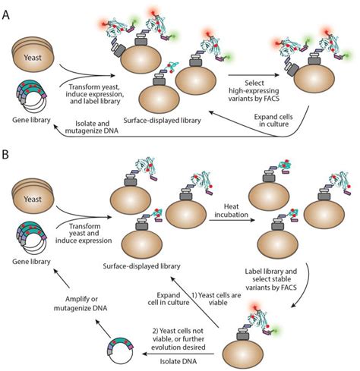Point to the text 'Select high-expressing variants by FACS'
click(255, 90)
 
